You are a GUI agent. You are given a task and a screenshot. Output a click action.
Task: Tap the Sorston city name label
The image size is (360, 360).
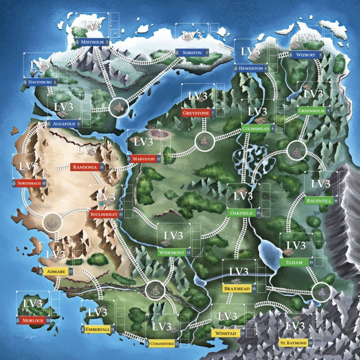(192, 52)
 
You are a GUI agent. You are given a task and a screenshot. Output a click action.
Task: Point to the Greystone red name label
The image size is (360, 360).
(197, 113)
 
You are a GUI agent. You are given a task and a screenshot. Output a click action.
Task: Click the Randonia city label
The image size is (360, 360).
(85, 166)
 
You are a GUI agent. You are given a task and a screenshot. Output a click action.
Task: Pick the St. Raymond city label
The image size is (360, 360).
(293, 343)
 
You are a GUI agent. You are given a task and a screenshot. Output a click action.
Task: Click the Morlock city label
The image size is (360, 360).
(33, 320)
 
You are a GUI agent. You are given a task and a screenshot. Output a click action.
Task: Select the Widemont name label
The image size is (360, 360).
(171, 253)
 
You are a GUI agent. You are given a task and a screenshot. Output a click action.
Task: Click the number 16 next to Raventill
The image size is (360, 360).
(336, 201)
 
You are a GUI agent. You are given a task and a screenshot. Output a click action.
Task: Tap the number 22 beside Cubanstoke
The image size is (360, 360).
(177, 344)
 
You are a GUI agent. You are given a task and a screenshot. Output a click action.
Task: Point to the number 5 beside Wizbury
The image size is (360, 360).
(320, 55)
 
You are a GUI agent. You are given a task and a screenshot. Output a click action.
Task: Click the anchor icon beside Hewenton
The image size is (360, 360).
(236, 69)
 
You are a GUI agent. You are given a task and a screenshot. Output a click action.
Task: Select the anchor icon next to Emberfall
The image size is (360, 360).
(83, 329)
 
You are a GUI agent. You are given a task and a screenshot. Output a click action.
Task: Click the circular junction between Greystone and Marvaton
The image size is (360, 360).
(204, 140)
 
